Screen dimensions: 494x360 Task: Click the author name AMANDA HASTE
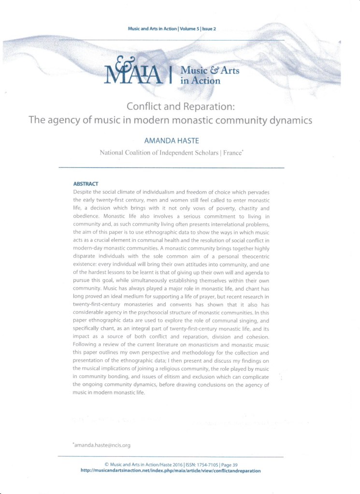coord(171,141)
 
